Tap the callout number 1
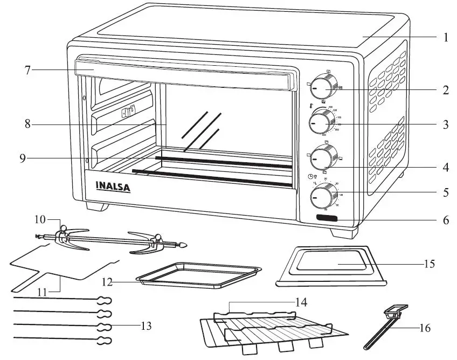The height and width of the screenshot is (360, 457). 446,38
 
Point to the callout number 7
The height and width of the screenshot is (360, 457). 27,70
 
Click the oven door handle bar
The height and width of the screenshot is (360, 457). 183,73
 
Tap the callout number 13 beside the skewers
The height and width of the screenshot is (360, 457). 145,326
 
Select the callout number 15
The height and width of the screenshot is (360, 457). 429,264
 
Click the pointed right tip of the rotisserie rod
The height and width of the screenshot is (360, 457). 184,245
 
